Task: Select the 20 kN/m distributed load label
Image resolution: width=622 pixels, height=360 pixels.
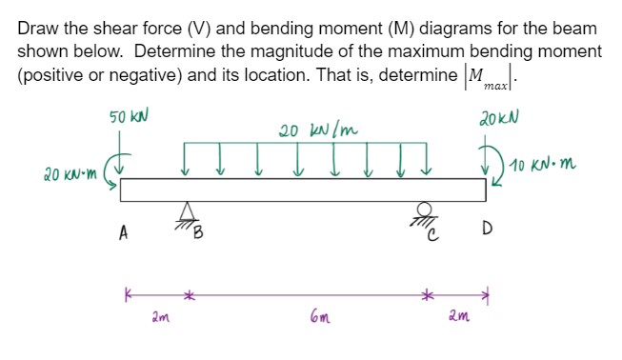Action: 318,130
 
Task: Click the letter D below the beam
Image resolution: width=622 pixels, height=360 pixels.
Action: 487,229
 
